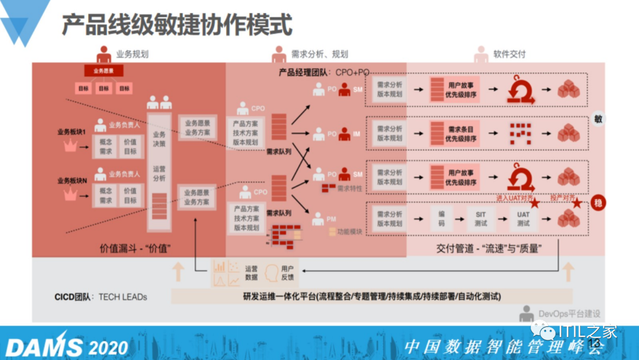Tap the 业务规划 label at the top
pyautogui.click(x=132, y=54)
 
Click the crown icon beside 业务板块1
pyautogui.click(x=70, y=145)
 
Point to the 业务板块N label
pyautogui.click(x=72, y=181)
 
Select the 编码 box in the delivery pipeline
pyautogui.click(x=441, y=218)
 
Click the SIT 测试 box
pyautogui.click(x=480, y=218)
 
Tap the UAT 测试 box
pyautogui.click(x=524, y=218)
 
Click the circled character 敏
pyautogui.click(x=598, y=118)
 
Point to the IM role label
pyautogui.click(x=357, y=134)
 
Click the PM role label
pyautogui.click(x=331, y=219)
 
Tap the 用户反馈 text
pyautogui.click(x=288, y=273)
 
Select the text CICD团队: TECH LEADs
pyautogui.click(x=100, y=297)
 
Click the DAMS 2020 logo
pyautogui.click(x=67, y=346)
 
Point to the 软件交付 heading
pyautogui.click(x=509, y=54)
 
